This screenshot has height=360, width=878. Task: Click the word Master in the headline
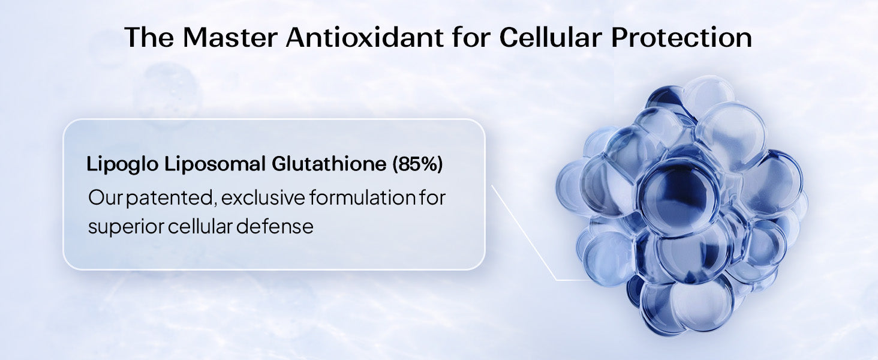(x=230, y=38)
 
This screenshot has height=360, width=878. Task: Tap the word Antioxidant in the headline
(x=365, y=38)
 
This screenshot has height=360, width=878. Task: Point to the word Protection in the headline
(x=681, y=38)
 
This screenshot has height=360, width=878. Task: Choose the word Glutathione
(x=329, y=164)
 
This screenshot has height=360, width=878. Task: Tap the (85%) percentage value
(x=417, y=164)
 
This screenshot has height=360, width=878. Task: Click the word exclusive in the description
(x=263, y=197)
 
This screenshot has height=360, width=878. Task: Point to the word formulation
(x=363, y=197)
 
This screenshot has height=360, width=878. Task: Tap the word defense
(x=275, y=226)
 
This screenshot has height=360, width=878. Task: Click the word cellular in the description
(x=200, y=226)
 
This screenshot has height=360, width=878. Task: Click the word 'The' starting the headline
(x=149, y=38)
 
